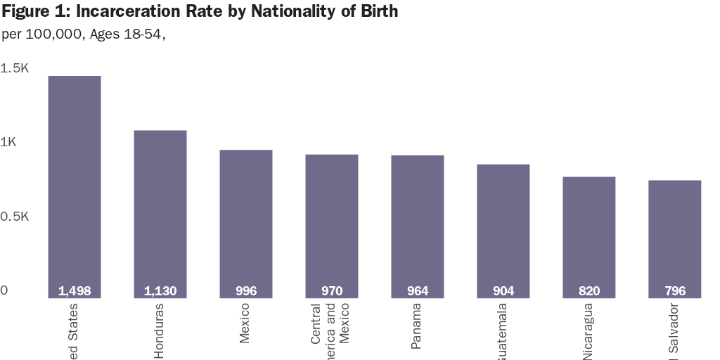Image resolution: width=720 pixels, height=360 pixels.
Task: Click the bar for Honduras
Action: point(160,211)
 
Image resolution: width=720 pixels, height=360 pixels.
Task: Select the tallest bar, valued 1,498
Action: point(75,183)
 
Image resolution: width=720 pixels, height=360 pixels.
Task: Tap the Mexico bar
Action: point(246,221)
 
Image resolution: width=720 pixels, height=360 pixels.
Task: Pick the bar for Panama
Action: point(418,225)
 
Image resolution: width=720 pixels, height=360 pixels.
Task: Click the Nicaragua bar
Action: point(589,236)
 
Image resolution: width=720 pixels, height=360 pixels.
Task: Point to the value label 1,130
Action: point(160,291)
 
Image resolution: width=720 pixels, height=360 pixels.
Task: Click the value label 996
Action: point(246,291)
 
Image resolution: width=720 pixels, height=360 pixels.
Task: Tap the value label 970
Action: point(332,291)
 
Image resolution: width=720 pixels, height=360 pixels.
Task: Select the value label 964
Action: point(418,291)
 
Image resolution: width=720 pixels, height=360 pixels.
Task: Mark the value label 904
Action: point(503,291)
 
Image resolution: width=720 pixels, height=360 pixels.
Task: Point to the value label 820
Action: point(589,291)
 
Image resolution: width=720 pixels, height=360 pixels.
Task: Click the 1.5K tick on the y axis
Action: point(15,68)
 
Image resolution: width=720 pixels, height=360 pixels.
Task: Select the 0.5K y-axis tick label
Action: point(15,217)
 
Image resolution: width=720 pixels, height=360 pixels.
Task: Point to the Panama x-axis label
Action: point(417,326)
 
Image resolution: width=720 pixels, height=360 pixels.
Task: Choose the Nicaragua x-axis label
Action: point(588,331)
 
